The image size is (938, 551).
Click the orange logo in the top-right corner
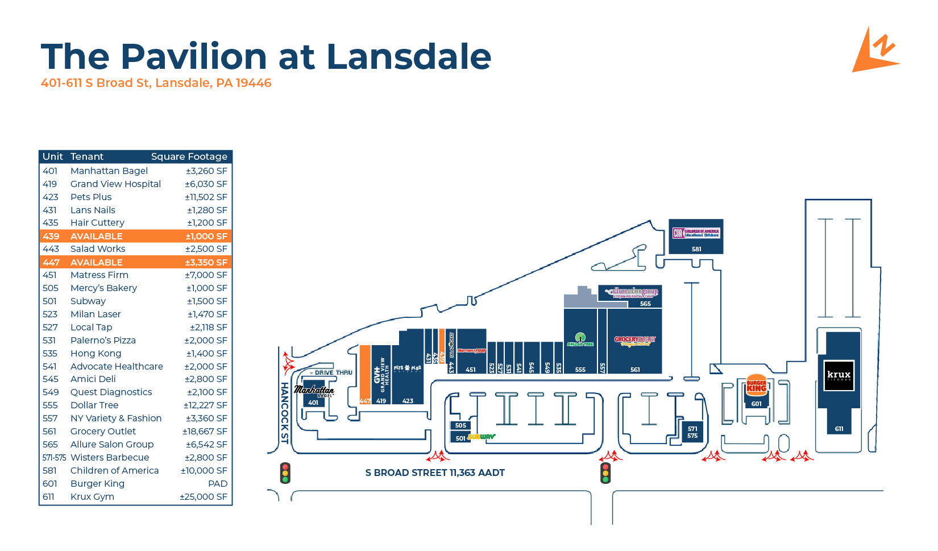point(875,51)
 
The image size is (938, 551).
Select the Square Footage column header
point(189,156)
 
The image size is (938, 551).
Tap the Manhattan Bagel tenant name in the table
point(109,171)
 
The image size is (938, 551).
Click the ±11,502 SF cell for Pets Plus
point(206,197)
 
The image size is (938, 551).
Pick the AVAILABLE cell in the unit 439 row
point(96,236)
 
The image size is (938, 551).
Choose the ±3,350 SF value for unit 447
point(206,262)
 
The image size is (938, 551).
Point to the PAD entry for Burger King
point(218,483)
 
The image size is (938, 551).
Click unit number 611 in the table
point(49,496)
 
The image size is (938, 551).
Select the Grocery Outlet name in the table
point(103,431)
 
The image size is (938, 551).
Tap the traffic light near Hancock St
point(285,473)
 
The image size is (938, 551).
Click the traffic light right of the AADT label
point(605,473)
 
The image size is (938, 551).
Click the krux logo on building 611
point(839,375)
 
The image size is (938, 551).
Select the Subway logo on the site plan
point(482,437)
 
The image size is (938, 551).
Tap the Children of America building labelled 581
point(696,236)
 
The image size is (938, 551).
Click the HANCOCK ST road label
point(284,412)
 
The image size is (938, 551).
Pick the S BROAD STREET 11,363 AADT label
point(435,473)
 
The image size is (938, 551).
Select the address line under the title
point(156,83)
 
